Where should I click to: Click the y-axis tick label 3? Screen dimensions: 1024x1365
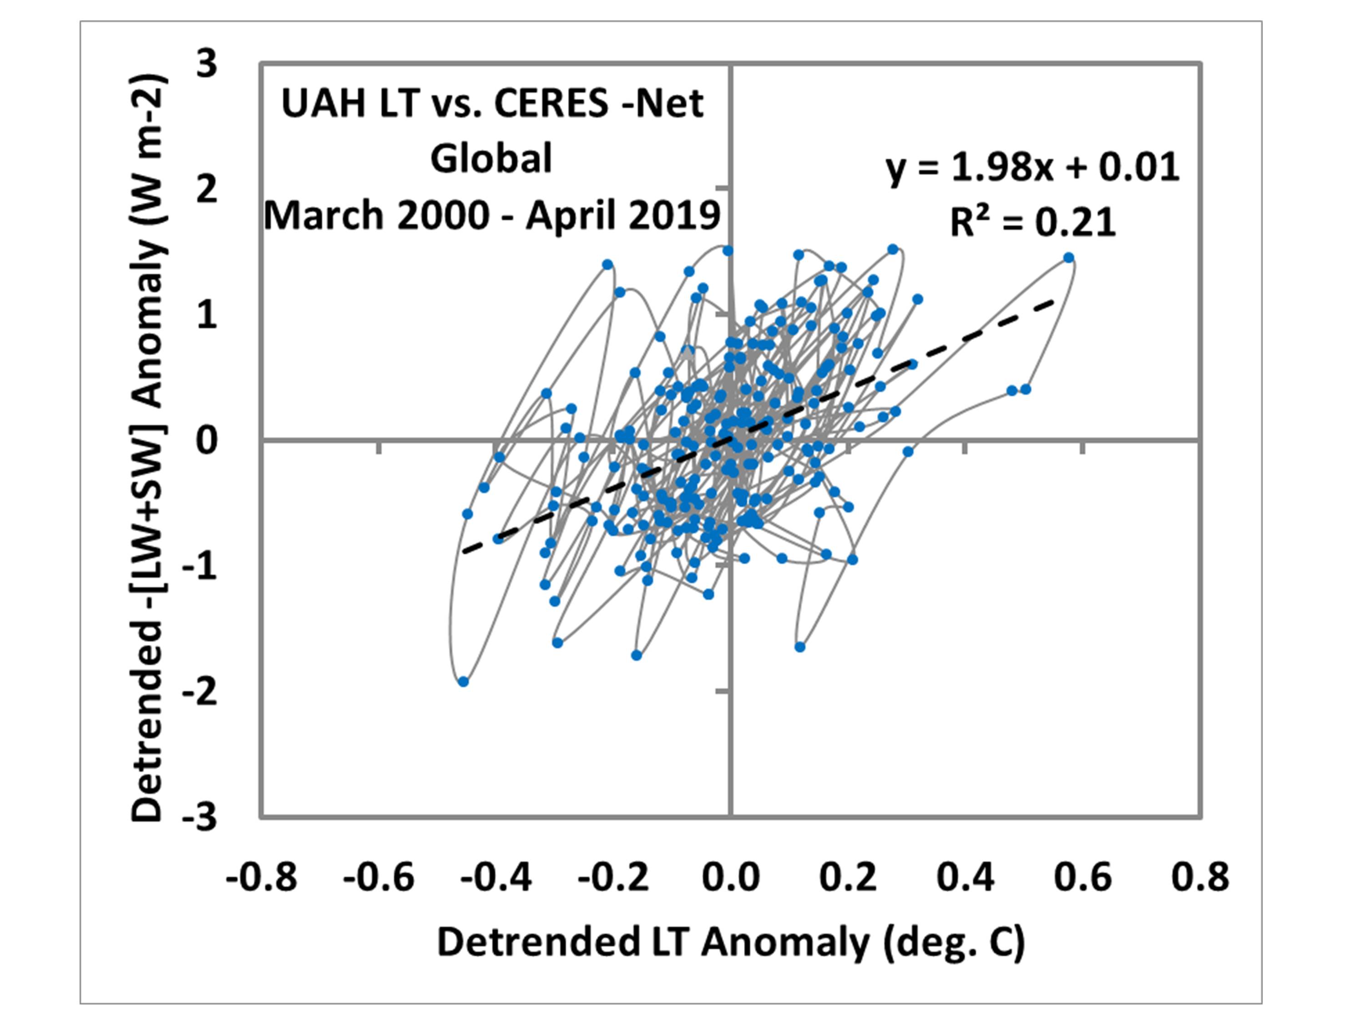(x=207, y=64)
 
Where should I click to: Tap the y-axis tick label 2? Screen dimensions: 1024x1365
(x=207, y=189)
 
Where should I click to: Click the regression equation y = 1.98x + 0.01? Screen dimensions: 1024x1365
(x=1032, y=168)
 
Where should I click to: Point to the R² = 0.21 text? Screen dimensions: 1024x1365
(x=1032, y=223)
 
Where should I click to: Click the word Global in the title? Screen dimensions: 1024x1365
(x=491, y=159)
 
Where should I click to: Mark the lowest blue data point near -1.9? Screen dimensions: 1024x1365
(x=464, y=681)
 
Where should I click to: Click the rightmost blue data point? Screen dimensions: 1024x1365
(x=1069, y=258)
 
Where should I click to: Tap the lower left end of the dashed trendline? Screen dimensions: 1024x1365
(x=464, y=551)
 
